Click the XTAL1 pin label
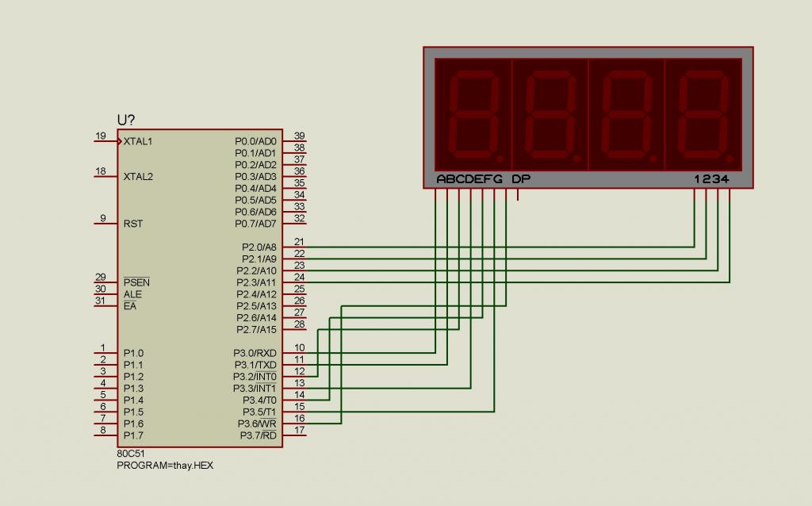[x=138, y=141]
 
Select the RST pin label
[x=133, y=224]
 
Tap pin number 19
[x=101, y=136]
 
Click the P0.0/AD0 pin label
[x=255, y=141]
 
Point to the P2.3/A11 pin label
[x=256, y=283]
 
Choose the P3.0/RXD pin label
[x=255, y=353]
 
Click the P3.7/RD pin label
[x=258, y=435]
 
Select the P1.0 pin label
[x=133, y=353]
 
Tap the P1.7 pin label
[x=133, y=435]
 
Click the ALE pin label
[x=132, y=294]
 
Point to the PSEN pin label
[x=136, y=282]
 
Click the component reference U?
[x=126, y=121]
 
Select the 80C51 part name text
[x=131, y=454]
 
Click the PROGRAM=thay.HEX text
[x=165, y=465]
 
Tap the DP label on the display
[x=521, y=179]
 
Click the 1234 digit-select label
[x=711, y=179]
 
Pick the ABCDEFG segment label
[x=469, y=179]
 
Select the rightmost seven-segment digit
[x=704, y=115]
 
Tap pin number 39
[x=299, y=136]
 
